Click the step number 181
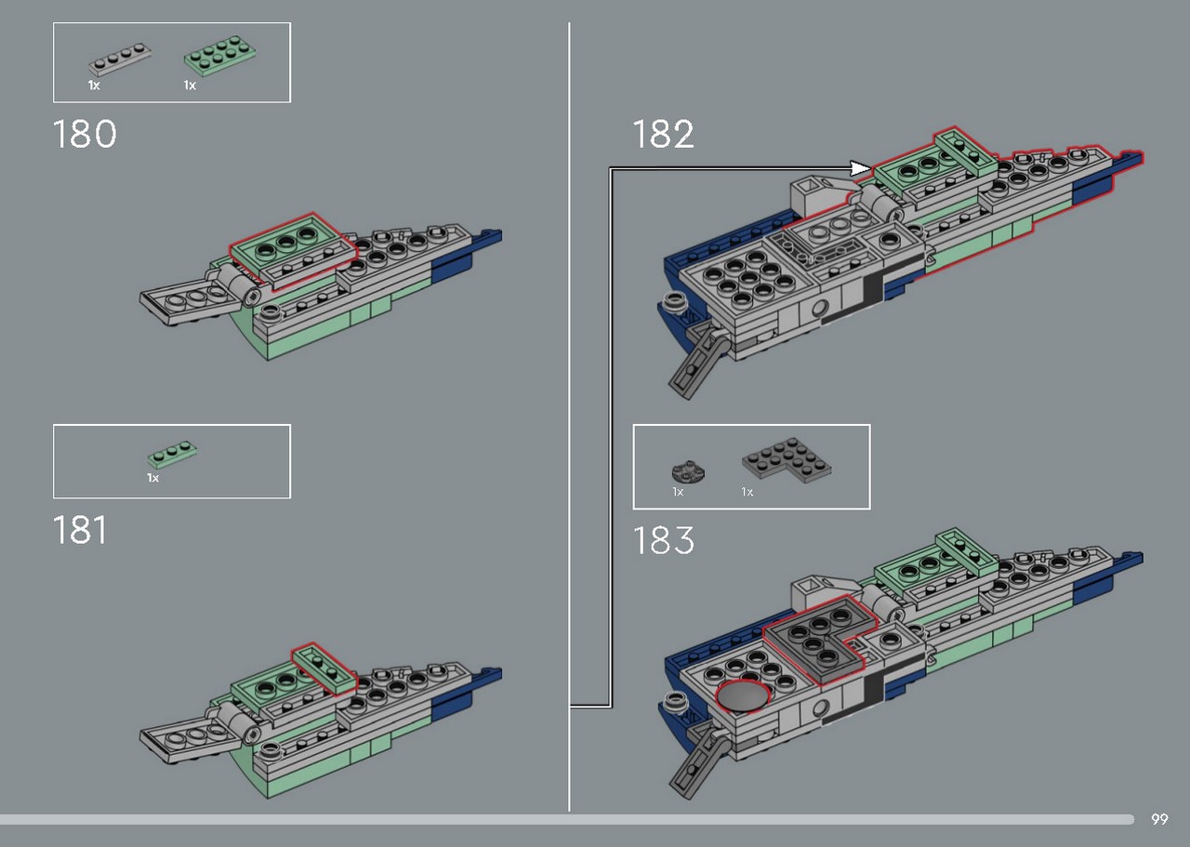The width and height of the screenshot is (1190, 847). [x=80, y=530]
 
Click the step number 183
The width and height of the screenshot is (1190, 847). [x=664, y=540]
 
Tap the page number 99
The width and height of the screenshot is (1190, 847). [x=1159, y=819]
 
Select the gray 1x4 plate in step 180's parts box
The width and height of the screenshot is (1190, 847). [x=120, y=59]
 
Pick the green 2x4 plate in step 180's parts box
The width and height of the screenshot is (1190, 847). [x=220, y=55]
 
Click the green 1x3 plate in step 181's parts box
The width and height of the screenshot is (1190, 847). [x=172, y=455]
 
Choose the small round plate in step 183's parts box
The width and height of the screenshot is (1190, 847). [x=688, y=470]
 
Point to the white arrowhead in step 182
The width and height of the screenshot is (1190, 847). [x=860, y=168]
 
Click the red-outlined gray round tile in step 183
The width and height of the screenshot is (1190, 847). [x=743, y=696]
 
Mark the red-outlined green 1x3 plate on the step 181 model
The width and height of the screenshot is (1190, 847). [x=324, y=668]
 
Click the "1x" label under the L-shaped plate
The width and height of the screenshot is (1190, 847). [x=747, y=492]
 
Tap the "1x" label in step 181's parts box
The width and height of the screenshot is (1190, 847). [x=153, y=478]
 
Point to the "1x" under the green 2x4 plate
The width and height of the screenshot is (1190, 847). [x=190, y=85]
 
